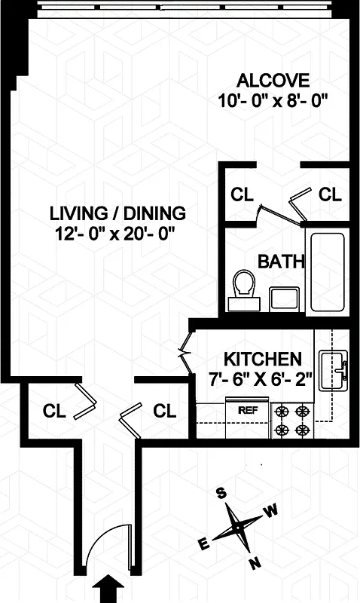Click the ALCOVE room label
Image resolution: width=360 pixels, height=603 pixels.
point(273,80)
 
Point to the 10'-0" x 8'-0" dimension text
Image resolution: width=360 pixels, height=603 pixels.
point(273,99)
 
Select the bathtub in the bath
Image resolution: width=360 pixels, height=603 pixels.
point(328,272)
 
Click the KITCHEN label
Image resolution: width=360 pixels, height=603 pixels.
point(264,359)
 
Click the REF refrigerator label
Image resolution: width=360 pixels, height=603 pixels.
point(248,411)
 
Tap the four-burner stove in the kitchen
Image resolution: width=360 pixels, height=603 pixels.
point(293,421)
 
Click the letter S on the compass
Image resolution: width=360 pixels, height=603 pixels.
point(221,494)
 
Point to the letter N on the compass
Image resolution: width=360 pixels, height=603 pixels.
point(255,562)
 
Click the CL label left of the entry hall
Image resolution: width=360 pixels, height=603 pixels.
point(53,412)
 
